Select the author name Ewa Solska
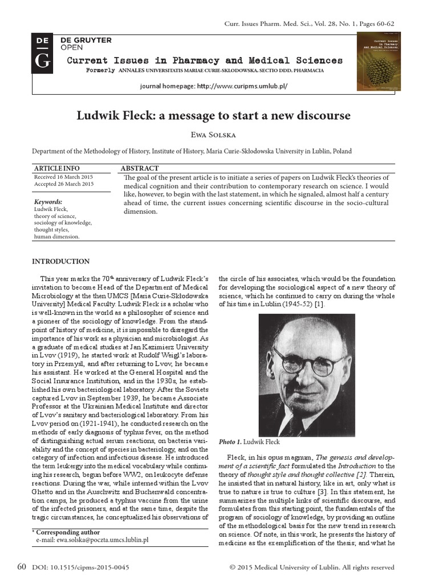coord(218,135)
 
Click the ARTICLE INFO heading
coord(57,168)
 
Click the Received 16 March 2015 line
coord(64,177)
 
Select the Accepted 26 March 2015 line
coord(64,184)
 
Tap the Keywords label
coord(48,202)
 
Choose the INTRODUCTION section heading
coord(60,262)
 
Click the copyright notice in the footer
coord(311,568)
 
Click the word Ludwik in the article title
coord(102,116)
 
